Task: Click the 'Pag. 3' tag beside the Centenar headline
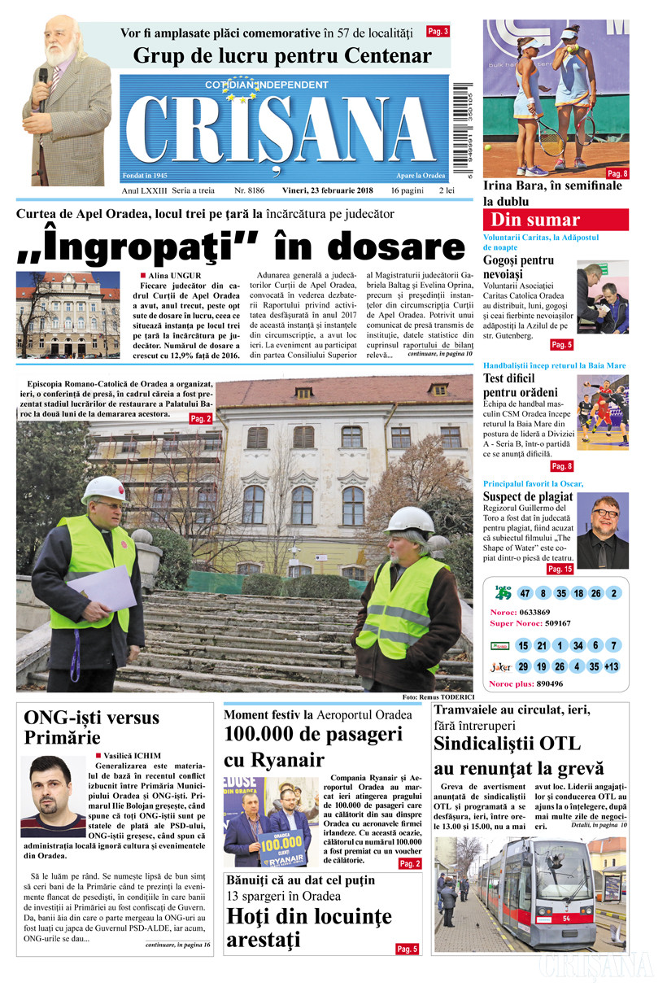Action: pyautogui.click(x=438, y=32)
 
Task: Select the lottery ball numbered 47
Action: pyautogui.click(x=525, y=593)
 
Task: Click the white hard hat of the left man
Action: pyautogui.click(x=103, y=489)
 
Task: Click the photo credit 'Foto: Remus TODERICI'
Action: pyautogui.click(x=437, y=697)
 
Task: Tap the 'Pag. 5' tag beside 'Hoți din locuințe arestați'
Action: pyautogui.click(x=407, y=949)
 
